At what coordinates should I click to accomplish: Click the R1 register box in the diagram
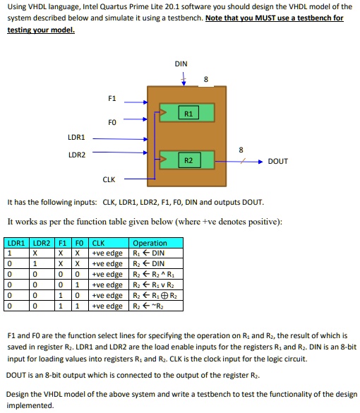(188, 113)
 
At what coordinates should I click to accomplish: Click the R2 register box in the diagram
(189, 160)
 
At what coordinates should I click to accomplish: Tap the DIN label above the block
(181, 64)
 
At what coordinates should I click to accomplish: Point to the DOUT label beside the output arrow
(278, 161)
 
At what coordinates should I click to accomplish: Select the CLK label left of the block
(109, 179)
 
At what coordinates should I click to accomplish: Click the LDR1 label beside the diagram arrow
(76, 137)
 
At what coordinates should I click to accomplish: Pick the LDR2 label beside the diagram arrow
(77, 155)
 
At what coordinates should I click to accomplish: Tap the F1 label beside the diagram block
(112, 98)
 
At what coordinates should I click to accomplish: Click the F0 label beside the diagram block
(112, 122)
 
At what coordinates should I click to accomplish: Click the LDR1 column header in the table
(16, 243)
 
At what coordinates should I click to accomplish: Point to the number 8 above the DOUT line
(241, 150)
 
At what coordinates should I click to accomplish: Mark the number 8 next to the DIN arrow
(206, 79)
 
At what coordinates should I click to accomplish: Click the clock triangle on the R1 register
(163, 112)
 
